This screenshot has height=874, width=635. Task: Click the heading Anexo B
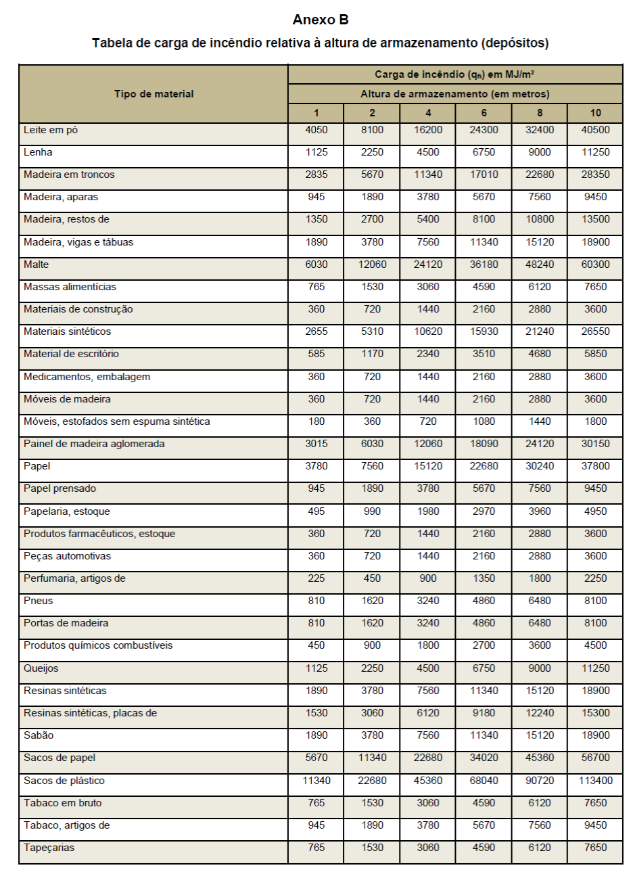click(320, 20)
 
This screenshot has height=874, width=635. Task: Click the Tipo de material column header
click(154, 94)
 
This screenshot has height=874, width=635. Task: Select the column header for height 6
click(484, 113)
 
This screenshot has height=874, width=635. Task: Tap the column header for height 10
click(595, 113)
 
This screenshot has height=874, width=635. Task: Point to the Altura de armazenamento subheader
click(454, 94)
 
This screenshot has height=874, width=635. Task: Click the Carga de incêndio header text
click(454, 74)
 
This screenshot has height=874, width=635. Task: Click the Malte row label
click(37, 264)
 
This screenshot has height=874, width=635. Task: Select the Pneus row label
click(39, 601)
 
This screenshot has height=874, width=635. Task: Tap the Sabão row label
click(39, 735)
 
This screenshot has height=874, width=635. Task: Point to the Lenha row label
click(38, 152)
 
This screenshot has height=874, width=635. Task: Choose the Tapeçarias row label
click(49, 848)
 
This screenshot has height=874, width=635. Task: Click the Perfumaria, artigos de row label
click(74, 578)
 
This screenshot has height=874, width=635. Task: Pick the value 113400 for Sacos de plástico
click(595, 781)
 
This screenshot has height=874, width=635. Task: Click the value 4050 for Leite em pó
click(316, 130)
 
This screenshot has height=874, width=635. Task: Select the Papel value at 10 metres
click(595, 466)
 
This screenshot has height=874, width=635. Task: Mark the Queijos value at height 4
click(428, 668)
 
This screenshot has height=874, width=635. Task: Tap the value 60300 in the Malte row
click(595, 264)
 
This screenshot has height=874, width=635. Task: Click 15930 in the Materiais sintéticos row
click(484, 331)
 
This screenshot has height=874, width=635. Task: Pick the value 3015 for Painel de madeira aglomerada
click(316, 444)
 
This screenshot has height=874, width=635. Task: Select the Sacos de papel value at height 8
click(540, 758)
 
